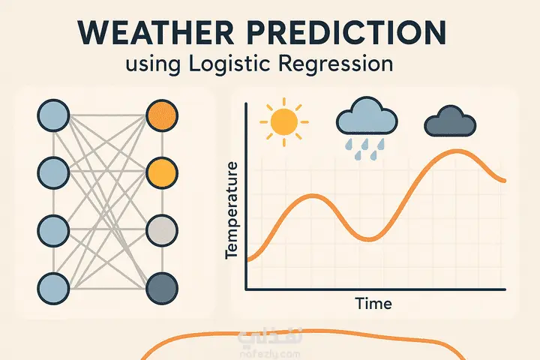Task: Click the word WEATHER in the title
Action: (156, 33)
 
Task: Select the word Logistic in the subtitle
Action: (229, 64)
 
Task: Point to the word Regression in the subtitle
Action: (335, 64)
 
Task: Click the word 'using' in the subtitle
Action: (153, 64)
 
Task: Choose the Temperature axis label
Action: (232, 210)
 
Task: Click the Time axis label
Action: (373, 304)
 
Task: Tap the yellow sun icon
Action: (284, 122)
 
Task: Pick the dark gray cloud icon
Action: (450, 121)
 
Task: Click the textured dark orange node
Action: (162, 115)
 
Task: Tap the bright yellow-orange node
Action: (162, 173)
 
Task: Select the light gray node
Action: (162, 230)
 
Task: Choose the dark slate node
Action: (162, 288)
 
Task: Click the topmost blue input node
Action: (53, 115)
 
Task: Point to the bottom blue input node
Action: (53, 288)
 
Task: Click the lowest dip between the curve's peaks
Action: (368, 238)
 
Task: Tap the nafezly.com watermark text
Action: (270, 354)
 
